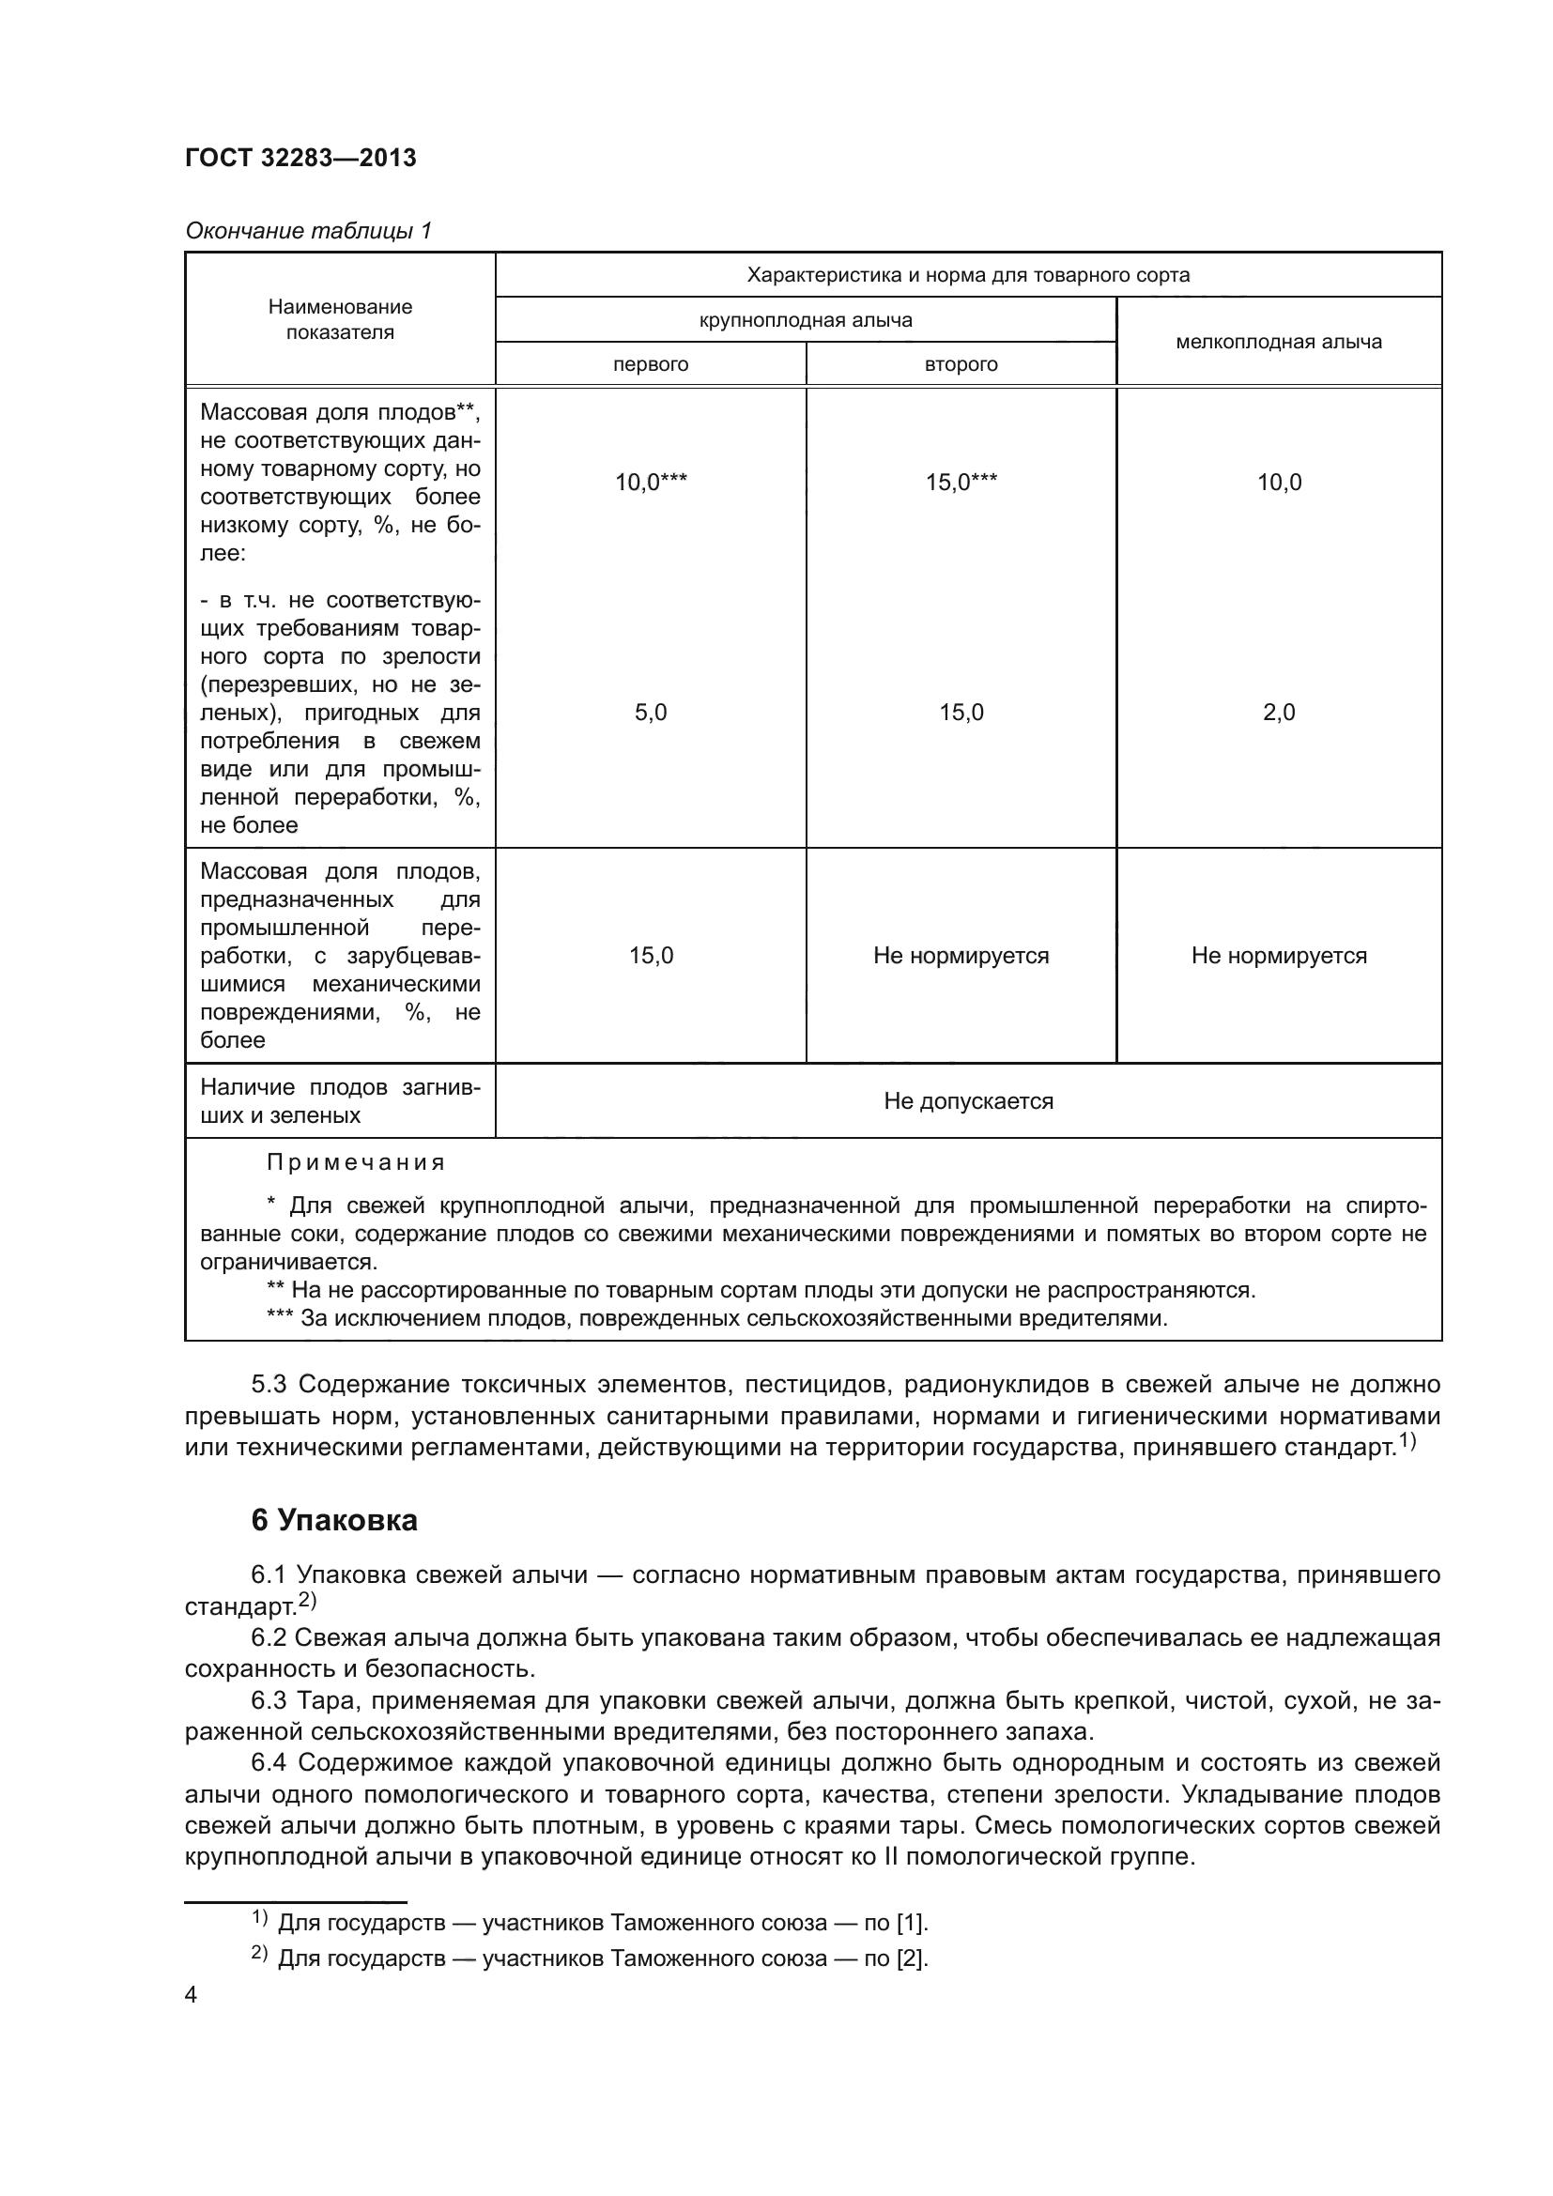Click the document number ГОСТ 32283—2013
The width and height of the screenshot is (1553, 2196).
click(x=300, y=158)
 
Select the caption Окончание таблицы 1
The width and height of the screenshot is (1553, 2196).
click(x=308, y=231)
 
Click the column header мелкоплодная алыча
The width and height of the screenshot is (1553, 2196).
click(x=1279, y=342)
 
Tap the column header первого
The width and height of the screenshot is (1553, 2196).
click(x=651, y=364)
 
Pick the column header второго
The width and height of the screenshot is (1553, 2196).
click(x=961, y=364)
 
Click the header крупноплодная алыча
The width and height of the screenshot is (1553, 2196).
click(x=806, y=319)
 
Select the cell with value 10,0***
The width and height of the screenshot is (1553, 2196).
click(x=651, y=482)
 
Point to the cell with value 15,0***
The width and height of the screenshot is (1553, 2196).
click(x=961, y=482)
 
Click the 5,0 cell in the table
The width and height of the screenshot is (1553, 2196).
click(x=651, y=712)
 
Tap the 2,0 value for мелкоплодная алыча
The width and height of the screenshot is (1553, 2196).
click(x=1279, y=712)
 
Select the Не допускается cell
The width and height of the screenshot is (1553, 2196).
click(x=968, y=1101)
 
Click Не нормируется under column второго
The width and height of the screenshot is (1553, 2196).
click(x=961, y=956)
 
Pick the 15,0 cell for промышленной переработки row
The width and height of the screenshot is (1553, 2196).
click(x=651, y=956)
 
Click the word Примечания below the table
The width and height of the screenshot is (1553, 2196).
click(x=356, y=1162)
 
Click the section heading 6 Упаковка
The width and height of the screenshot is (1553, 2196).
click(x=333, y=1521)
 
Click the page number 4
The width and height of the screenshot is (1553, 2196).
click(x=192, y=1995)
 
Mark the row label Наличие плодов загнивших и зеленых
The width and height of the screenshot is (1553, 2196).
click(x=341, y=1101)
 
